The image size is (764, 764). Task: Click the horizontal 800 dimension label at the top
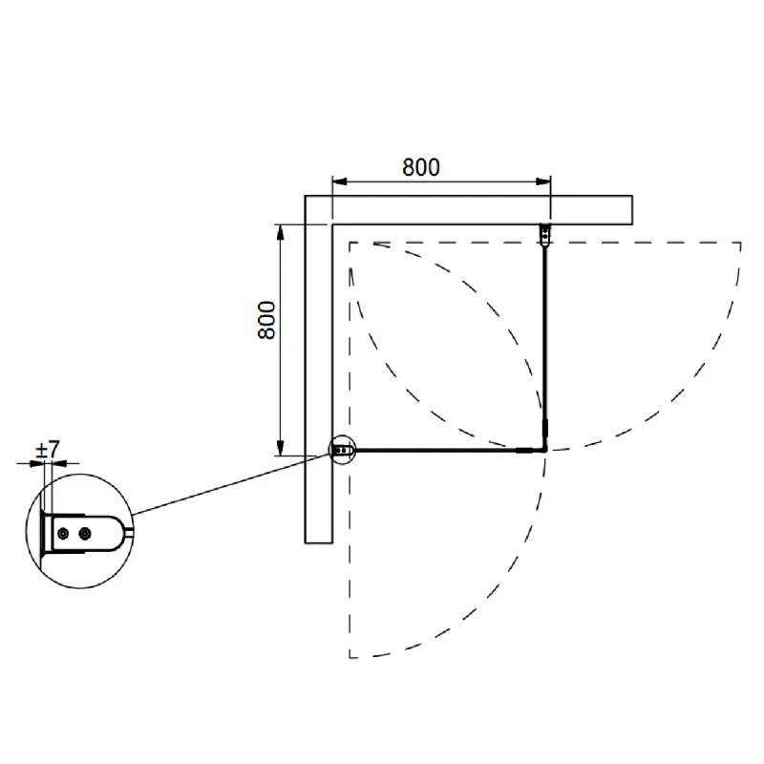pos(421,167)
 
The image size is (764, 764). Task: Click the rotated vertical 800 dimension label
pos(266,320)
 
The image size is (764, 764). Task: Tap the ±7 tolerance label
pos(47,449)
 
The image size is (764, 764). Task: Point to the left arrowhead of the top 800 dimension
pos(340,181)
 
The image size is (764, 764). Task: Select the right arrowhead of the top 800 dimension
pos(543,181)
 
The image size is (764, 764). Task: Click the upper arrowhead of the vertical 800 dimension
pos(280,232)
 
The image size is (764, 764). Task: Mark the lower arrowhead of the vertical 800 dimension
pos(280,448)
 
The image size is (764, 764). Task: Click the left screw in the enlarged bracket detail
pos(63,534)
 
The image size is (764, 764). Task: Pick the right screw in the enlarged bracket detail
pos(85,534)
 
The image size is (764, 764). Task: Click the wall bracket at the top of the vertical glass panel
pos(545,235)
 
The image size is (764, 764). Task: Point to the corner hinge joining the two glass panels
pos(544,449)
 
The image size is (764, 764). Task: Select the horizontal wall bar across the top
pos(469,210)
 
